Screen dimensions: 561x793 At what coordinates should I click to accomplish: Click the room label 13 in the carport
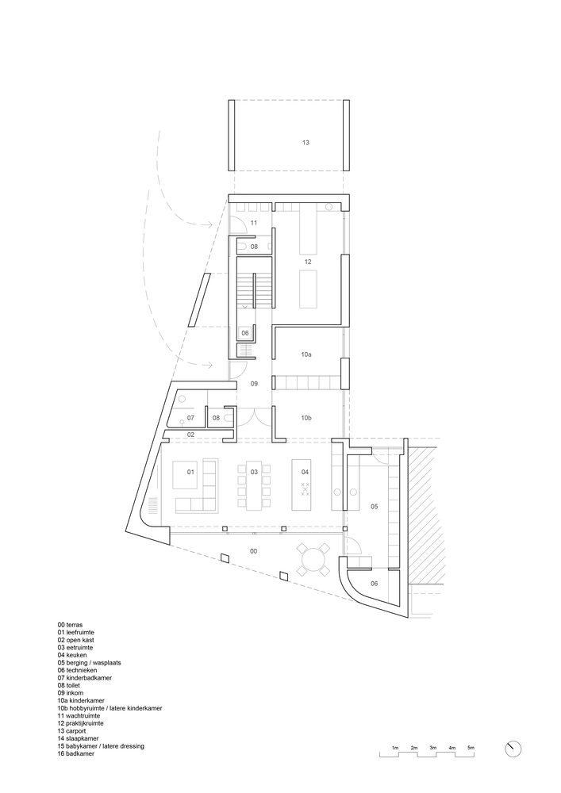[305, 143]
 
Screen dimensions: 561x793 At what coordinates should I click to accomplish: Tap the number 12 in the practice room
[308, 262]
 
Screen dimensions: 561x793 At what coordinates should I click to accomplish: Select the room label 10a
[306, 355]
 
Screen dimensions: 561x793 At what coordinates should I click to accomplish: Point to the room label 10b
[306, 418]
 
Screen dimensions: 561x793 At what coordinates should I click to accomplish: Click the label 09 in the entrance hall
[255, 384]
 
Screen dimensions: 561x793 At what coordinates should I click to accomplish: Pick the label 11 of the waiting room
[254, 223]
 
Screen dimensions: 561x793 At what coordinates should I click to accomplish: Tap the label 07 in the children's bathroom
[190, 418]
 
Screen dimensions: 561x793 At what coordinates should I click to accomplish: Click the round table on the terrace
[313, 561]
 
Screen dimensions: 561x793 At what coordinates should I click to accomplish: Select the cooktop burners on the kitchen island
[305, 489]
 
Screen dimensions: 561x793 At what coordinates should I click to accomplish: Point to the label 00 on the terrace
[253, 551]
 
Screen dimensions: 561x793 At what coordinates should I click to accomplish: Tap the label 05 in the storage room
[375, 506]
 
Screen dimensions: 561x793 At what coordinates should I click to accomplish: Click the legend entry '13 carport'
[71, 731]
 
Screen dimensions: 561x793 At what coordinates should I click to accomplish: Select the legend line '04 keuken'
[72, 655]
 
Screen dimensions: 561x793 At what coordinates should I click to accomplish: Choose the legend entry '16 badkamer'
[76, 753]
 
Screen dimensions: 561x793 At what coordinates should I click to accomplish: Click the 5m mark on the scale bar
[471, 748]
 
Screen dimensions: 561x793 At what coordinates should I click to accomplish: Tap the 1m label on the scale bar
[395, 748]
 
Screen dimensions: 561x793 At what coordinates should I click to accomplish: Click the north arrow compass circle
[513, 749]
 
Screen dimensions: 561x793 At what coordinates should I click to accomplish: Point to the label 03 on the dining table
[254, 472]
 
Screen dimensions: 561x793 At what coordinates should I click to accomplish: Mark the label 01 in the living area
[190, 472]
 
